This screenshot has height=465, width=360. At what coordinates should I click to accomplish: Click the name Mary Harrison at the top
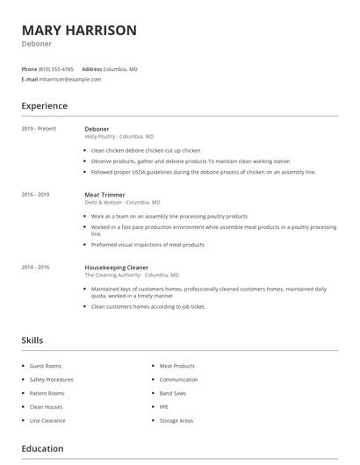78,31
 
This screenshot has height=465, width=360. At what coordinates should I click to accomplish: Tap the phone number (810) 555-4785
57,68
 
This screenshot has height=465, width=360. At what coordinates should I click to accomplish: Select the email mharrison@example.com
70,79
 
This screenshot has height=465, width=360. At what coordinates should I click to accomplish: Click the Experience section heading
44,106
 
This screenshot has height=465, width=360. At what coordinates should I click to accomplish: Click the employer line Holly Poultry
119,137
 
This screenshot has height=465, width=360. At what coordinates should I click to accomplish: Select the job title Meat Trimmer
104,194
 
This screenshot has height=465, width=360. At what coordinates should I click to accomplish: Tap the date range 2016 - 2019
35,194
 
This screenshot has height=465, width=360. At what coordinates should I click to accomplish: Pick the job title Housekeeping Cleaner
116,267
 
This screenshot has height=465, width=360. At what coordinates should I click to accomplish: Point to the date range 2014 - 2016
35,267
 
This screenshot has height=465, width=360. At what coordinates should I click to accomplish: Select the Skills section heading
32,340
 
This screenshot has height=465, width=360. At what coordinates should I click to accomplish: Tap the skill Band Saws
173,393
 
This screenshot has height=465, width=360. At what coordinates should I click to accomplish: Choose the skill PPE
164,407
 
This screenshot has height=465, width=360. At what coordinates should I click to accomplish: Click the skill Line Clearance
47,420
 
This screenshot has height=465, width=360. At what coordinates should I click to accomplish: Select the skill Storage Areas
176,420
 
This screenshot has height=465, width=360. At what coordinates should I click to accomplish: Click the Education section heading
42,448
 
